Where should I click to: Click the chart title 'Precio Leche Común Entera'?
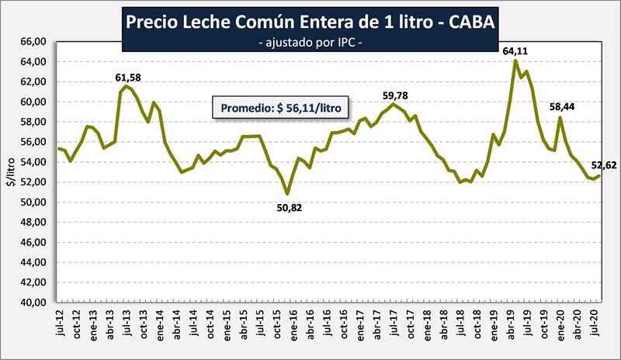tap(310, 23)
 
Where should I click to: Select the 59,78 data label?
tap(394, 95)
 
